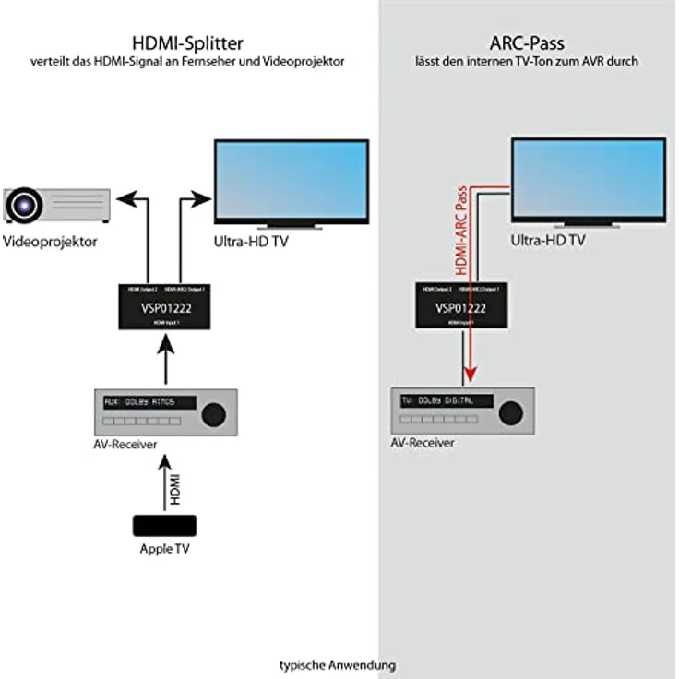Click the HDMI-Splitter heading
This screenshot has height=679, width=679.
188,42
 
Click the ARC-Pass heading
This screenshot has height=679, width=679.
527,42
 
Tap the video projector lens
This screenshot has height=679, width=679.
26,204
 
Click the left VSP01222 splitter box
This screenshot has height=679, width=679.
167,305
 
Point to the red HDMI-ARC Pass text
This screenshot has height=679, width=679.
462,232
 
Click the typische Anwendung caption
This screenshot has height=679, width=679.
339,664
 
